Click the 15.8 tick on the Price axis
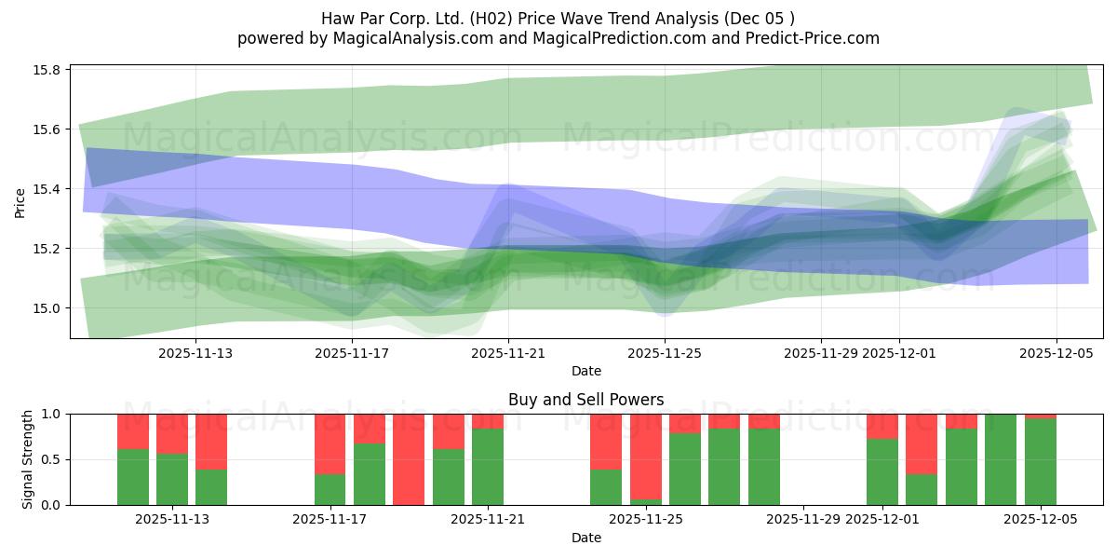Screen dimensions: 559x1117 tap(48, 70)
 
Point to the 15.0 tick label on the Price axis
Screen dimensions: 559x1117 tap(48, 308)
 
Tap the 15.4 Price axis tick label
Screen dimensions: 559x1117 tap(48, 189)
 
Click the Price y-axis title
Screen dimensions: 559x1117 tap(20, 202)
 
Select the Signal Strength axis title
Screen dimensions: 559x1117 tap(28, 459)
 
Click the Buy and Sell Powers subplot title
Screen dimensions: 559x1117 tap(585, 400)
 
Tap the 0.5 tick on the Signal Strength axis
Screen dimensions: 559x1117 tap(51, 459)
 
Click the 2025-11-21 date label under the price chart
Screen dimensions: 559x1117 tap(508, 353)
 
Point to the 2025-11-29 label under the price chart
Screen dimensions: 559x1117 tap(821, 353)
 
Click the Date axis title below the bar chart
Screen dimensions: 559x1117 tap(585, 538)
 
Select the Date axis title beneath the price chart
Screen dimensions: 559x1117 tap(585, 371)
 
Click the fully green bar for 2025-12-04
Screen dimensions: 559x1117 tap(1001, 459)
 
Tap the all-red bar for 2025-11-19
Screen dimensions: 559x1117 tap(409, 459)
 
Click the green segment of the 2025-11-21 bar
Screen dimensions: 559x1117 tap(488, 467)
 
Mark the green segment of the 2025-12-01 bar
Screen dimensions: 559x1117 tap(882, 472)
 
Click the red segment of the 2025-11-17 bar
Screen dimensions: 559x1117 tap(330, 443)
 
